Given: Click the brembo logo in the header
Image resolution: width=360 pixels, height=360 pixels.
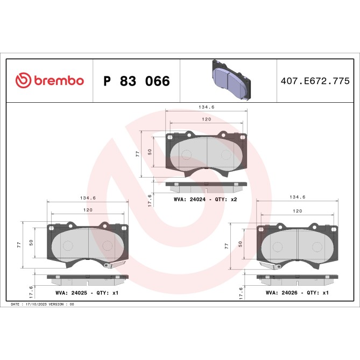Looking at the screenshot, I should coord(50,81).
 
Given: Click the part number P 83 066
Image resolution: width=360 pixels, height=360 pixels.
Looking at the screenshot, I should coord(136,81).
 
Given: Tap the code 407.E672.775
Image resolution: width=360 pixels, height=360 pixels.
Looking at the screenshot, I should coord(315,81).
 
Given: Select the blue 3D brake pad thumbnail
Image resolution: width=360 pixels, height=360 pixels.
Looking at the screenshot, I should coord(228,81).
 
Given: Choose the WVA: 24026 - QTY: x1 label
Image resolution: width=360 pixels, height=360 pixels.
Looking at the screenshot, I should coord(297,293).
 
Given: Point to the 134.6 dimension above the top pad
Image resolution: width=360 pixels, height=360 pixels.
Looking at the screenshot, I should coord(207,107).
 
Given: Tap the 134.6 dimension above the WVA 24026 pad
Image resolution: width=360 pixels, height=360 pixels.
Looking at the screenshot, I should coord(298,197).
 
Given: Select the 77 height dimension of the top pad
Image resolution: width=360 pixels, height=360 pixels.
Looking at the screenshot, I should coord(138,154).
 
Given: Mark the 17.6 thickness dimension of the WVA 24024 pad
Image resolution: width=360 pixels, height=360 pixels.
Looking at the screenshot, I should coord(150,199).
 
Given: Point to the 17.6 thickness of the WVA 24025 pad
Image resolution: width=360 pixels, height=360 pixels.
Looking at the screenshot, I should coord(31,292).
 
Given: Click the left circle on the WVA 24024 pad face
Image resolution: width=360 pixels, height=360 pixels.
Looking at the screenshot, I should coord(186,155).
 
